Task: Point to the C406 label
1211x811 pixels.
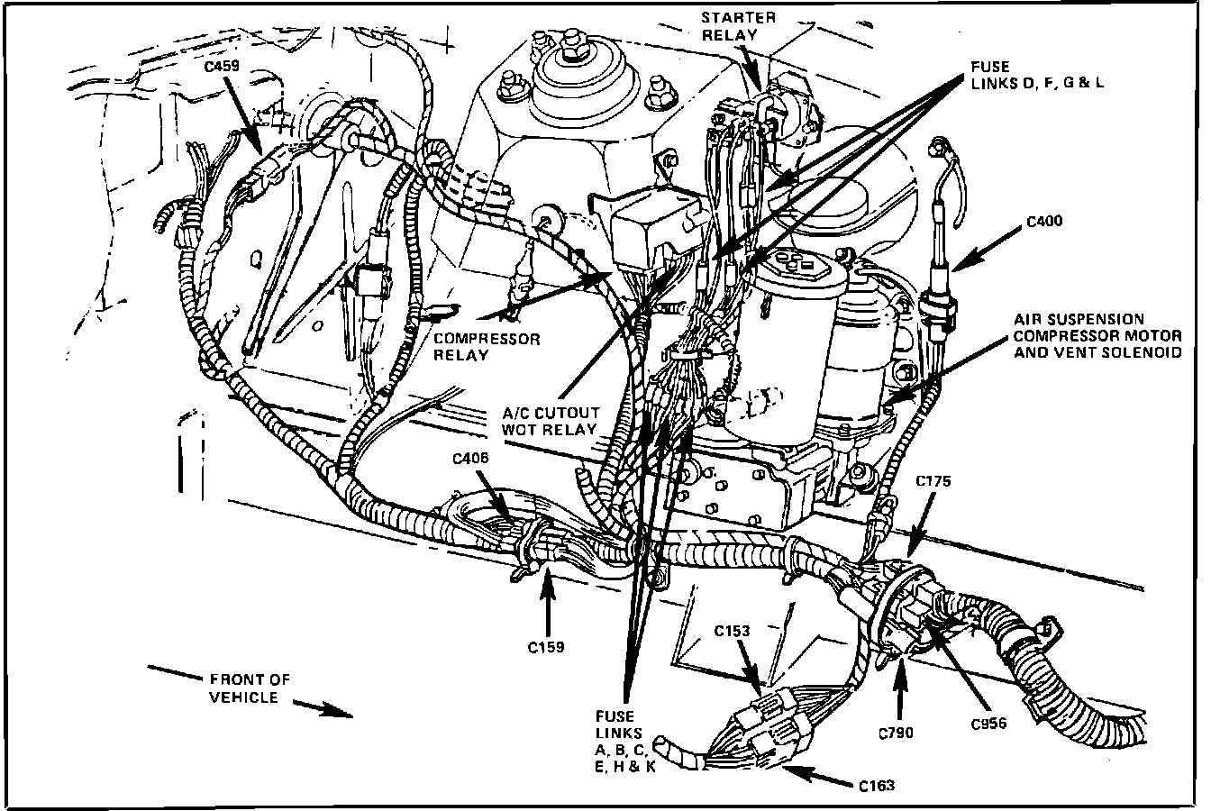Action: tap(471, 459)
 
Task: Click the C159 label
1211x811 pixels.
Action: tap(547, 646)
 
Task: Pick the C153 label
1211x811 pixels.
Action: tap(733, 631)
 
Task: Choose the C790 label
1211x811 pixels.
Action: tap(895, 732)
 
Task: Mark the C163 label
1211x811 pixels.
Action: tap(877, 785)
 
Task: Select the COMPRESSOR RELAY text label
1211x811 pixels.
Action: tap(487, 347)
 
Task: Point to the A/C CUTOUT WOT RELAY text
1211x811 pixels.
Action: tap(549, 421)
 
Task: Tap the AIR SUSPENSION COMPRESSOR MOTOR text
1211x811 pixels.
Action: tap(1097, 335)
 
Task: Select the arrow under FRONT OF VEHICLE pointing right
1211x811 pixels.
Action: tap(323, 709)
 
